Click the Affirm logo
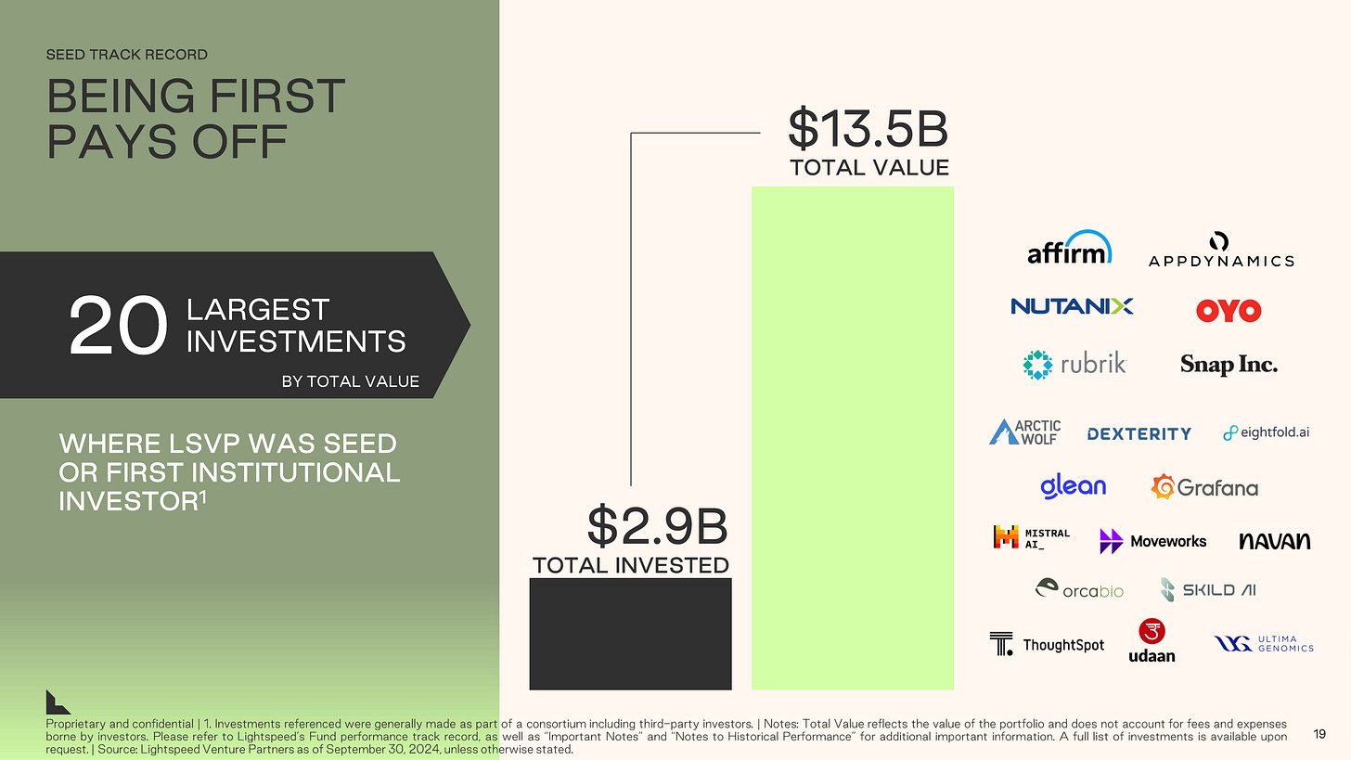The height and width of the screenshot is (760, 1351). tap(1069, 248)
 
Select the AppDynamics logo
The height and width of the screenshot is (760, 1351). tap(1220, 250)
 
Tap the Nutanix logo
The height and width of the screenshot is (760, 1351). tap(1072, 306)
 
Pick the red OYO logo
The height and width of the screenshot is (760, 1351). tap(1228, 310)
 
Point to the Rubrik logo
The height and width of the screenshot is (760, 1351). tap(1074, 364)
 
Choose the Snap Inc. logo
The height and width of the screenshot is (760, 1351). tap(1229, 365)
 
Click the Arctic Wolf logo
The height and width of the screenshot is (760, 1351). tap(1024, 432)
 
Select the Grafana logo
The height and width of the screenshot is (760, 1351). tap(1204, 486)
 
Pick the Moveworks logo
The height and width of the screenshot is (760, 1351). tap(1152, 540)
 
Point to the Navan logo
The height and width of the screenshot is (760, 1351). tap(1274, 540)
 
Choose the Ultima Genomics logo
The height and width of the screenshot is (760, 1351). tap(1264, 643)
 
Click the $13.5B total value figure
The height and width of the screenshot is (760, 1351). tap(868, 129)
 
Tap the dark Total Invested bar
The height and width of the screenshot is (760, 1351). tap(630, 634)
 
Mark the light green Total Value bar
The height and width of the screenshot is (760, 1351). tap(852, 437)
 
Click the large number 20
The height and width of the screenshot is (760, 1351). tap(118, 327)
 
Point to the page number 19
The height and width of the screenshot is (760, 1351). tap(1319, 735)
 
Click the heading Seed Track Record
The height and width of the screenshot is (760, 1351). tap(126, 54)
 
